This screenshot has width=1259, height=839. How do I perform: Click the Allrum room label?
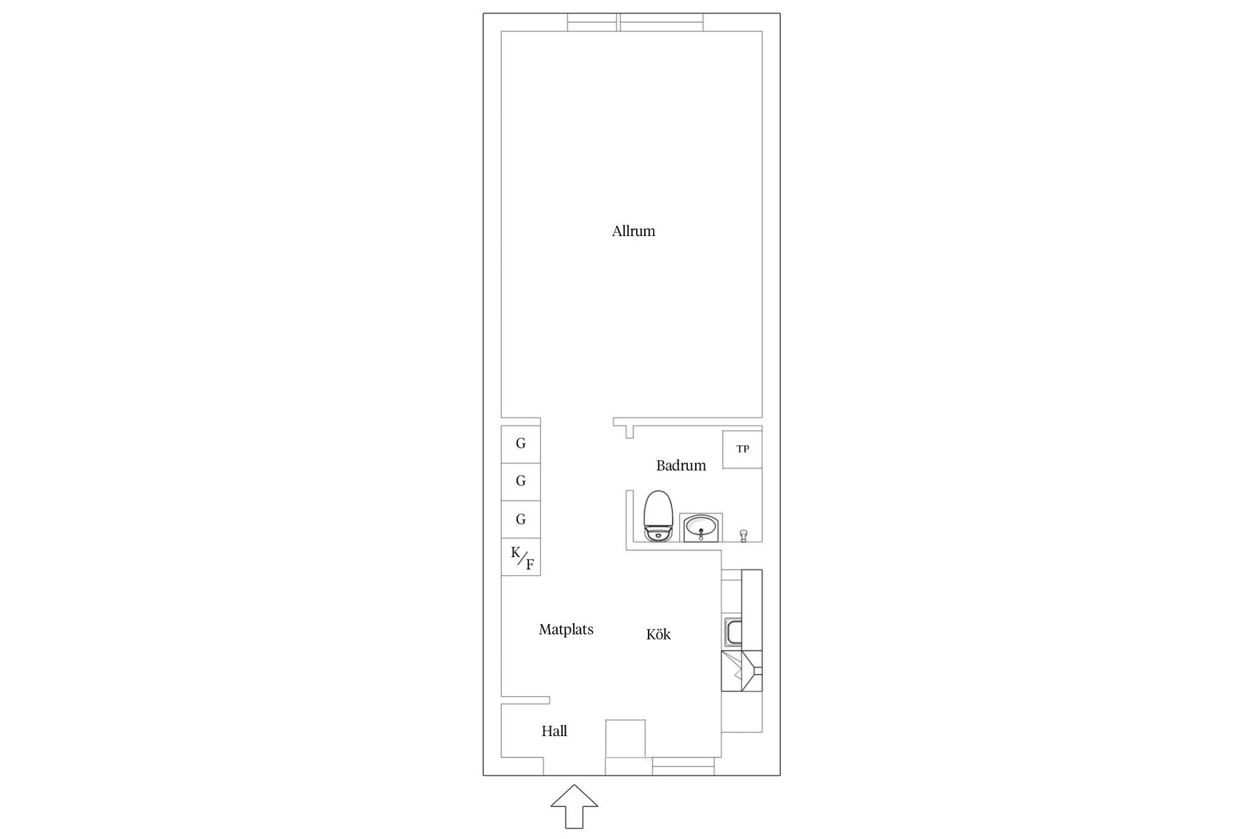click(633, 231)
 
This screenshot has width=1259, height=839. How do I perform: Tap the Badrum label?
click(681, 465)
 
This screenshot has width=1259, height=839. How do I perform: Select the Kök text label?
click(658, 634)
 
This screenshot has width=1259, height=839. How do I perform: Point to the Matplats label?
click(566, 629)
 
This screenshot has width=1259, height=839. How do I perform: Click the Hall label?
click(554, 731)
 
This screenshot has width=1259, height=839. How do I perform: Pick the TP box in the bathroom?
click(742, 449)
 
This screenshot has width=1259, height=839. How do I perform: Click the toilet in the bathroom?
click(658, 516)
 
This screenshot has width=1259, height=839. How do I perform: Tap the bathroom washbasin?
click(701, 528)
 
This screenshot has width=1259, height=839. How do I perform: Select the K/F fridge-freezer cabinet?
click(521, 557)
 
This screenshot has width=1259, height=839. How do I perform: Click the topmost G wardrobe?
click(521, 444)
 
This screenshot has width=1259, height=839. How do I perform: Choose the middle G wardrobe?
click(521, 482)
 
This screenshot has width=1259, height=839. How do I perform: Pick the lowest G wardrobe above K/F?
click(521, 520)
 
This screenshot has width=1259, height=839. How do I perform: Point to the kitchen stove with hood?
click(742, 671)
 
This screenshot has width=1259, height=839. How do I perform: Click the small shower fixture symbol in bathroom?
click(744, 536)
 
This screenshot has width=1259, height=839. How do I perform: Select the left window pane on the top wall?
click(592, 22)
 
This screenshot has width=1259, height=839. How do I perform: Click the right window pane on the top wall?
click(662, 22)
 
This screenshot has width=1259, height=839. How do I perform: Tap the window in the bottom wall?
click(683, 766)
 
